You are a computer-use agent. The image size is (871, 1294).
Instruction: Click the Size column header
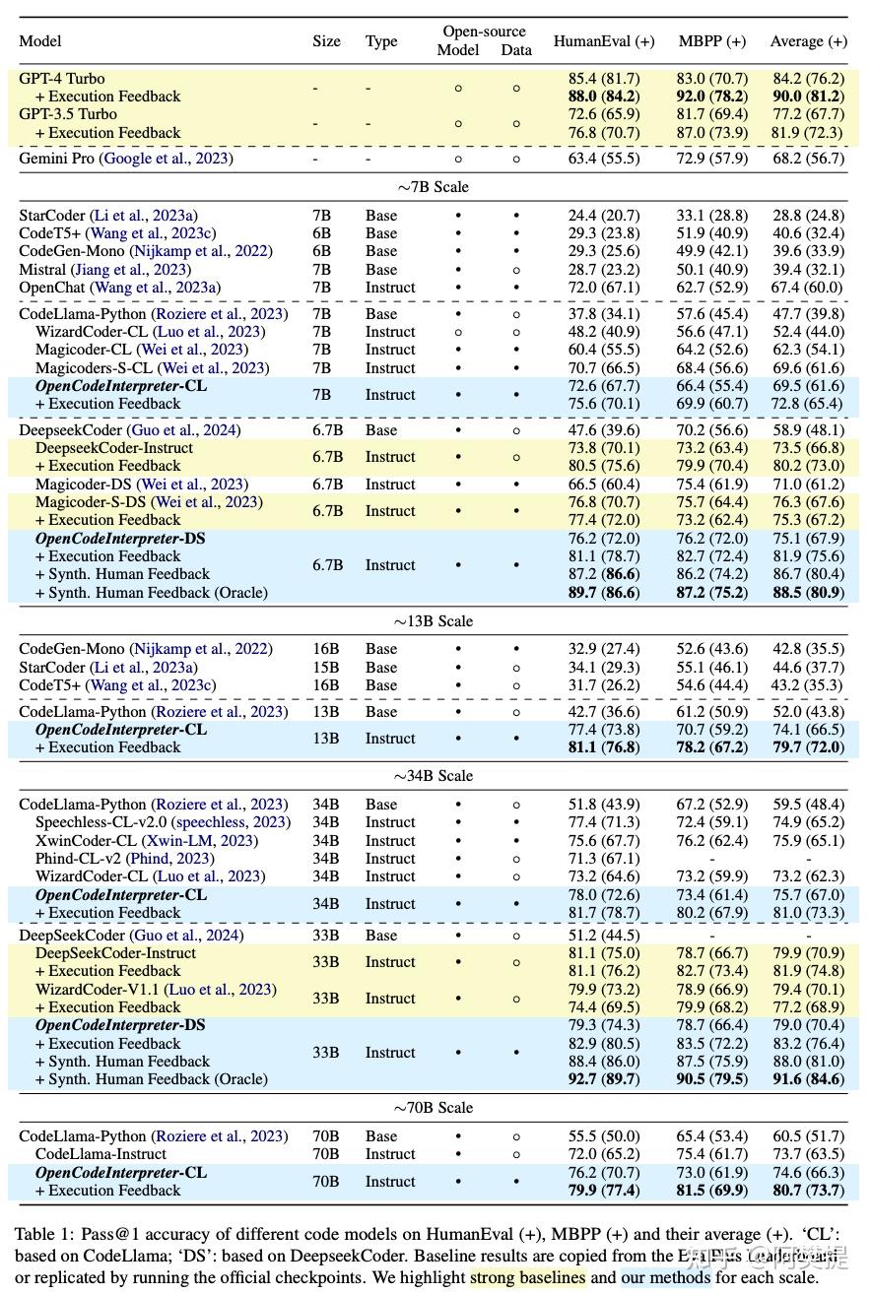click(x=326, y=41)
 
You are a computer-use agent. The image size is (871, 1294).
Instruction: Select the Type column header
click(x=381, y=41)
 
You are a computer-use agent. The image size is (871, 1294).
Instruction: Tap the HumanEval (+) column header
click(x=603, y=41)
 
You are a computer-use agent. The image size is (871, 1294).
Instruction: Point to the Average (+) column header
click(x=809, y=41)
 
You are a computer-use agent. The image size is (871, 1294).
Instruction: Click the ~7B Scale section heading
click(x=435, y=187)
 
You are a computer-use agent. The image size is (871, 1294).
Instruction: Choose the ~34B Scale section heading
click(x=435, y=776)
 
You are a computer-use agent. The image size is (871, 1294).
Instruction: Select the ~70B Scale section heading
click(x=435, y=1108)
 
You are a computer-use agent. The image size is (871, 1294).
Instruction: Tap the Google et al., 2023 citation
click(x=167, y=159)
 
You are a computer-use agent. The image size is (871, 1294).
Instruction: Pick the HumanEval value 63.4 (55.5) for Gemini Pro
click(x=597, y=159)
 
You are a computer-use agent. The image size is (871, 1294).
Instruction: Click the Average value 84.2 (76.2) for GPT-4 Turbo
click(x=808, y=79)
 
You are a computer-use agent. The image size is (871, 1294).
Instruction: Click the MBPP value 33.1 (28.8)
click(x=711, y=216)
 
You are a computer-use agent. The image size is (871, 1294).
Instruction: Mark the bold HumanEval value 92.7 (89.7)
click(x=597, y=1079)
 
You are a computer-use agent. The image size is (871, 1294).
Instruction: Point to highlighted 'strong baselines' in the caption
click(x=527, y=1277)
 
